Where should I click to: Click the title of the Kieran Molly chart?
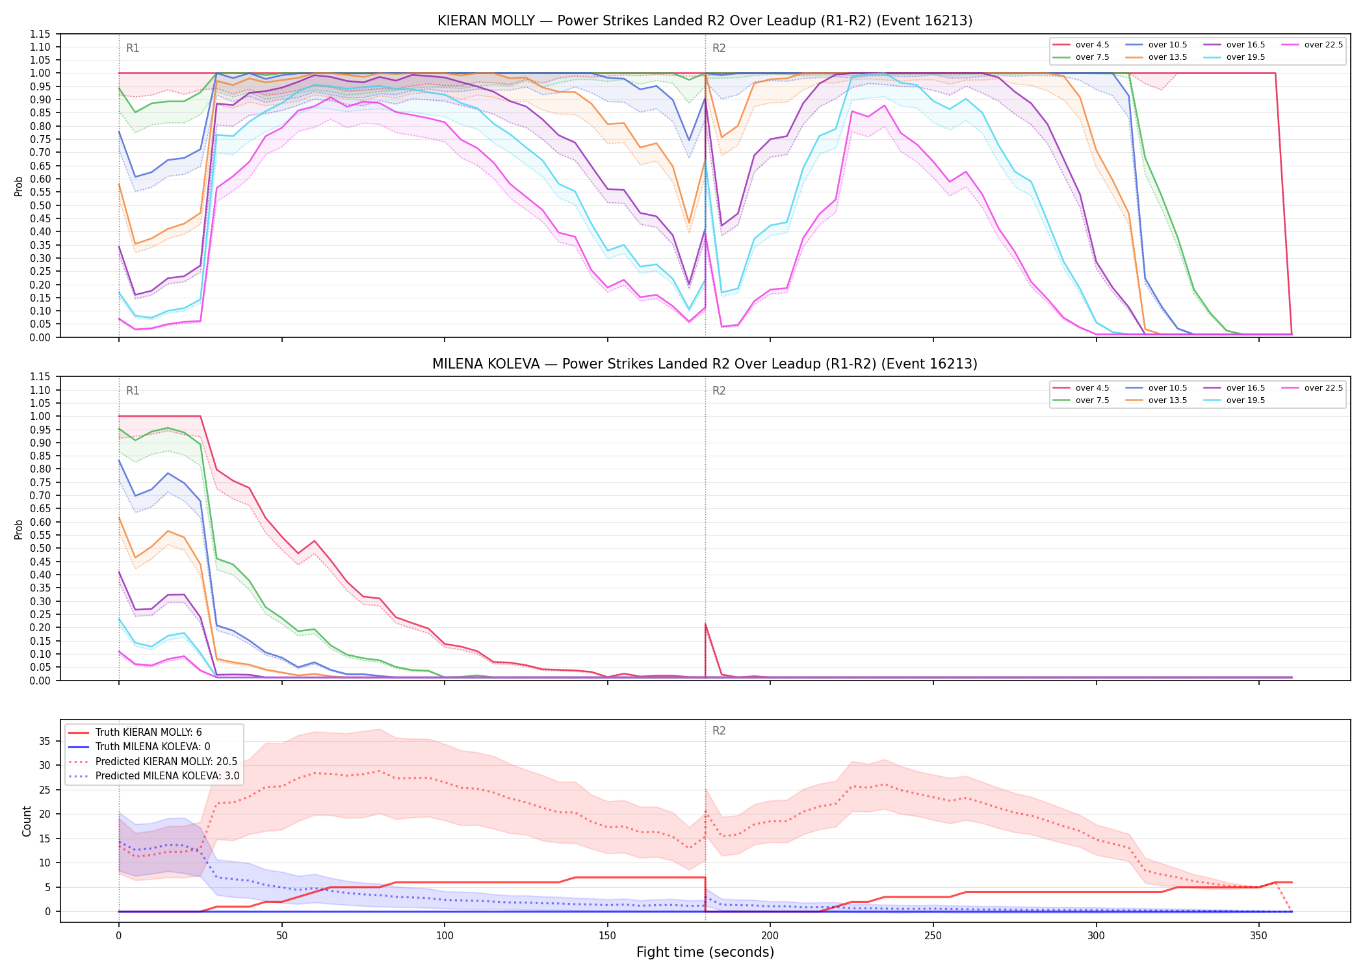click(705, 21)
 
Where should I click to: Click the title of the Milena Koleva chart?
click(705, 364)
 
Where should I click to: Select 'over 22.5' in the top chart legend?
click(1323, 45)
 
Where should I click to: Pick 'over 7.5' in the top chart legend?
click(1092, 57)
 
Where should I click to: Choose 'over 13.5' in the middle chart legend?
click(1167, 400)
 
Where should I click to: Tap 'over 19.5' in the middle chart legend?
click(1245, 400)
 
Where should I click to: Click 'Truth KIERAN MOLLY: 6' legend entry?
click(148, 733)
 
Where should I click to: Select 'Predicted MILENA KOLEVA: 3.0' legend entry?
click(167, 776)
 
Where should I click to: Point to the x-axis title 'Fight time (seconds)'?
click(705, 952)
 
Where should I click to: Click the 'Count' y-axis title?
click(27, 821)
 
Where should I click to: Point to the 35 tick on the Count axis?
click(45, 741)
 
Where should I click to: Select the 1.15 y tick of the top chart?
click(40, 34)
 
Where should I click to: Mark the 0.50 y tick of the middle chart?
click(40, 548)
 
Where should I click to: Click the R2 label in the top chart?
click(719, 48)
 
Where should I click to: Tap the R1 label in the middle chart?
click(133, 391)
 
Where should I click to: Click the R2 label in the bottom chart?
click(719, 731)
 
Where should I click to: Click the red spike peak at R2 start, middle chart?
click(705, 624)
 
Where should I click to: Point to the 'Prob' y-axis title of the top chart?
click(19, 187)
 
